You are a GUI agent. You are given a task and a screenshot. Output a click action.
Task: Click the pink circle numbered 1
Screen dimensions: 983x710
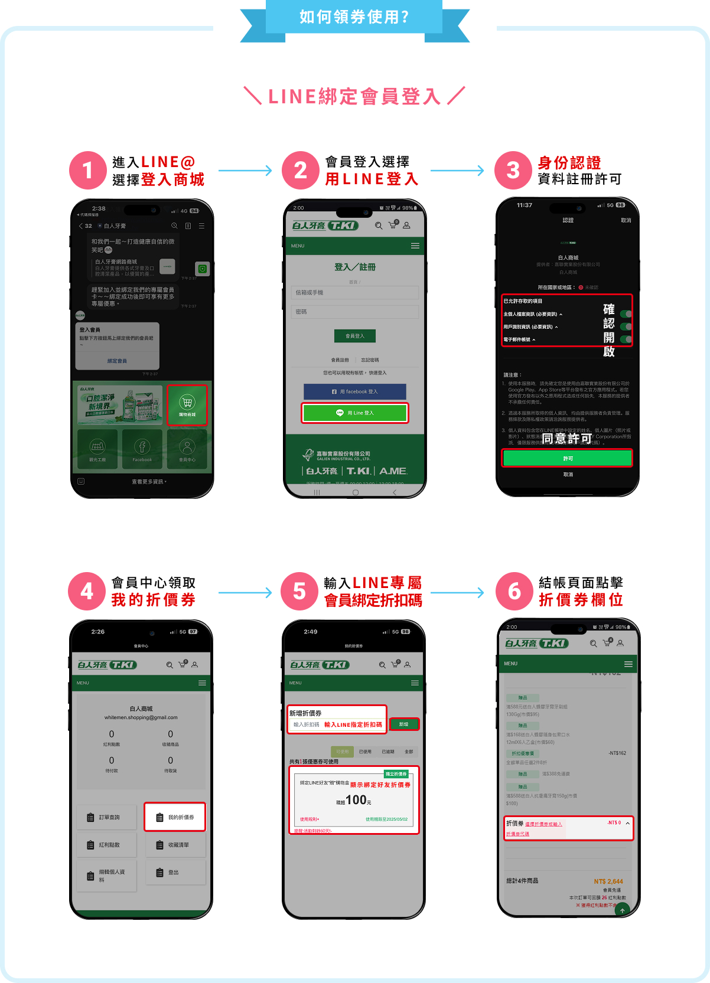pos(87,171)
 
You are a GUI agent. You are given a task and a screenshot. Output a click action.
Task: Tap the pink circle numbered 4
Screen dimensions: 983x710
pos(87,591)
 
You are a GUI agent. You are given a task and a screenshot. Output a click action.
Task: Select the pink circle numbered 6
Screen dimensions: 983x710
pos(514,591)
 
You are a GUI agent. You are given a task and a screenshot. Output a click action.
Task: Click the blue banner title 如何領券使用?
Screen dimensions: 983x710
pos(354,17)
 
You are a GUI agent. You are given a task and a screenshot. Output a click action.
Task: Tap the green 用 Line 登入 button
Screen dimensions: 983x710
pos(355,413)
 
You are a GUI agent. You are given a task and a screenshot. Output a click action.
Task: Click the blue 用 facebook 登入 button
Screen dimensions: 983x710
pos(355,391)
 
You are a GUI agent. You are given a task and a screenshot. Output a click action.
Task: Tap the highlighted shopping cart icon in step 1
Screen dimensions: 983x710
pos(187,404)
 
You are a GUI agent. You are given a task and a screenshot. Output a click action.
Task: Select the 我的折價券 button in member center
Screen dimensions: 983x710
pos(175,817)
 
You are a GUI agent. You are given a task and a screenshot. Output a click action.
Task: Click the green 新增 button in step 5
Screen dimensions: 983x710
pos(404,724)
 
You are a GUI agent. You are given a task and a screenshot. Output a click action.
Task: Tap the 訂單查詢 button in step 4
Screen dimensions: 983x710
pos(106,817)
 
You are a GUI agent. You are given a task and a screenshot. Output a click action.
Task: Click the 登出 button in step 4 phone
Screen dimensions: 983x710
pos(175,872)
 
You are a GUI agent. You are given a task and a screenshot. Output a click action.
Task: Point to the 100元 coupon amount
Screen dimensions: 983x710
pos(356,801)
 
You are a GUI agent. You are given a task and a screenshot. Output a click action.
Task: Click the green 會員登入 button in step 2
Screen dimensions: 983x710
pos(355,336)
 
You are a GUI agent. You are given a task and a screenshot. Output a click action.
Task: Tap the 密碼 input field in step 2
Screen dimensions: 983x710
pos(355,312)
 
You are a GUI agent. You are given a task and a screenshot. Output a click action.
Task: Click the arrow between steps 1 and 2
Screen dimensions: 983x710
pos(245,171)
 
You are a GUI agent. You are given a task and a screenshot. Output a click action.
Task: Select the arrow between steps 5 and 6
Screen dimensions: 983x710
pos(457,592)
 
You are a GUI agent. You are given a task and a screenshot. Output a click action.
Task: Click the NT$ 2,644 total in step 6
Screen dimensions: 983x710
pos(608,881)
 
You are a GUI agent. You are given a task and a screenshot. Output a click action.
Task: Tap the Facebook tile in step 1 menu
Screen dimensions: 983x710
pos(142,449)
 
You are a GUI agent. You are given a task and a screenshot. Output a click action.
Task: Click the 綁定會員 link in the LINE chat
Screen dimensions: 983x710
pos(117,361)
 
